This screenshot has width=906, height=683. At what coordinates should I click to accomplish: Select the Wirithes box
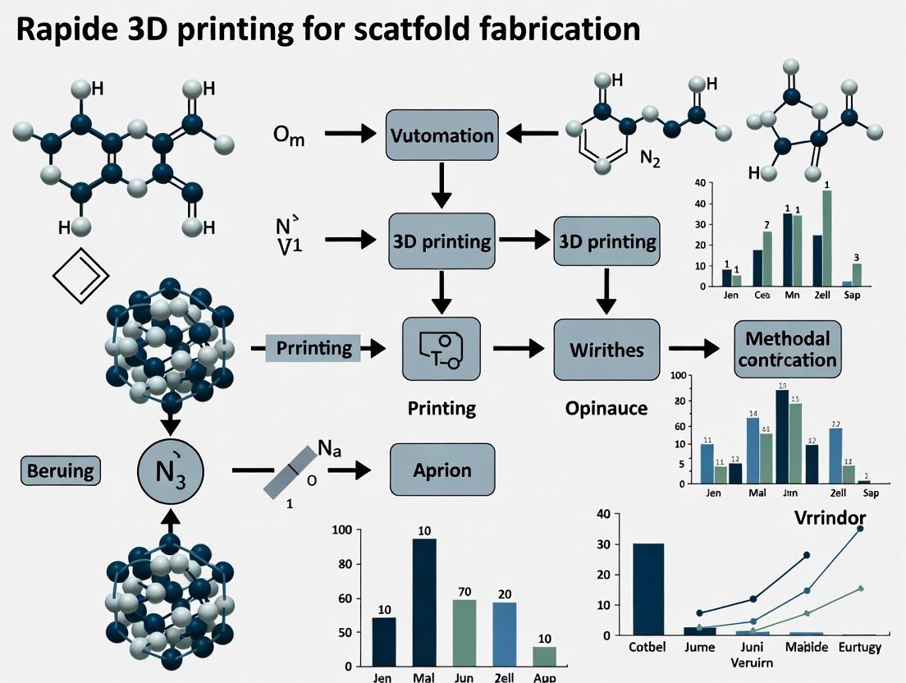point(606,348)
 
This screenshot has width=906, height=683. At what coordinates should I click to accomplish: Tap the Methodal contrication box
point(788,348)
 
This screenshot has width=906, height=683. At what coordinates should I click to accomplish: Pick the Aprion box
point(442,470)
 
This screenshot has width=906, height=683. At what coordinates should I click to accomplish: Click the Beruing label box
point(60,470)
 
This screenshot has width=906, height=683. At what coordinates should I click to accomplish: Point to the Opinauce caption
point(607,408)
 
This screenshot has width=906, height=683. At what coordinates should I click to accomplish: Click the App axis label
point(544,678)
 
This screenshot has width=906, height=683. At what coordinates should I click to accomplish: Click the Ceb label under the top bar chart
point(764,295)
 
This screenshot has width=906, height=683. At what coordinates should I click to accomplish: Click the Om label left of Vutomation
point(289,136)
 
